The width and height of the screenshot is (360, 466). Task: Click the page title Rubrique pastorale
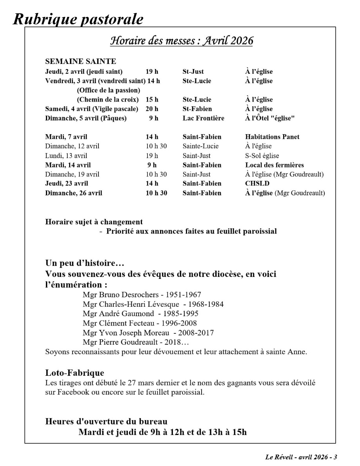click(78, 19)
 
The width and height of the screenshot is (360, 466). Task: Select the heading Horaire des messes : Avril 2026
click(182, 41)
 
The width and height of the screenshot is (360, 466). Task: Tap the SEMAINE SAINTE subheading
click(80, 62)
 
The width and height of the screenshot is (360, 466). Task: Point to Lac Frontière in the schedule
click(203, 118)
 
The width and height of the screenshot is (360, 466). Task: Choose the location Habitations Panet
click(272, 137)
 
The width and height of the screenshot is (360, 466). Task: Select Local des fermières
click(275, 165)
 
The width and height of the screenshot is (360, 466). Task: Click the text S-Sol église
click(262, 156)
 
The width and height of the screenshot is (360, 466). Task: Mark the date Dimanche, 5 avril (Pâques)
click(86, 118)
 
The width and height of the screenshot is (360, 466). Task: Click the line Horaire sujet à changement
click(94, 222)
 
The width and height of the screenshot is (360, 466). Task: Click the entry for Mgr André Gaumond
click(118, 314)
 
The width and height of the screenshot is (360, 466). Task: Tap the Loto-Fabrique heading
click(75, 373)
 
